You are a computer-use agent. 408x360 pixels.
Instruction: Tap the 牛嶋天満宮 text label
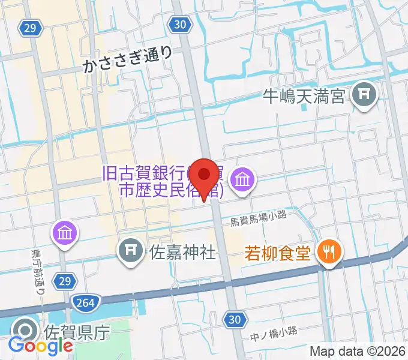[x=304, y=95]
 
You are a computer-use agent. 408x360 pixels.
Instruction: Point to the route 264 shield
[x=85, y=302]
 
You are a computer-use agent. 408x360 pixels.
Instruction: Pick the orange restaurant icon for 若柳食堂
[x=329, y=252]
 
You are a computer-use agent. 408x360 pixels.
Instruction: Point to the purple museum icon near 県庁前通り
[x=64, y=232]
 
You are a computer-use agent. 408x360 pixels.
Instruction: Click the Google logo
[x=40, y=345]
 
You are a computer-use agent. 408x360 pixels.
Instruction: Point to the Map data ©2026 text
[x=358, y=352]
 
